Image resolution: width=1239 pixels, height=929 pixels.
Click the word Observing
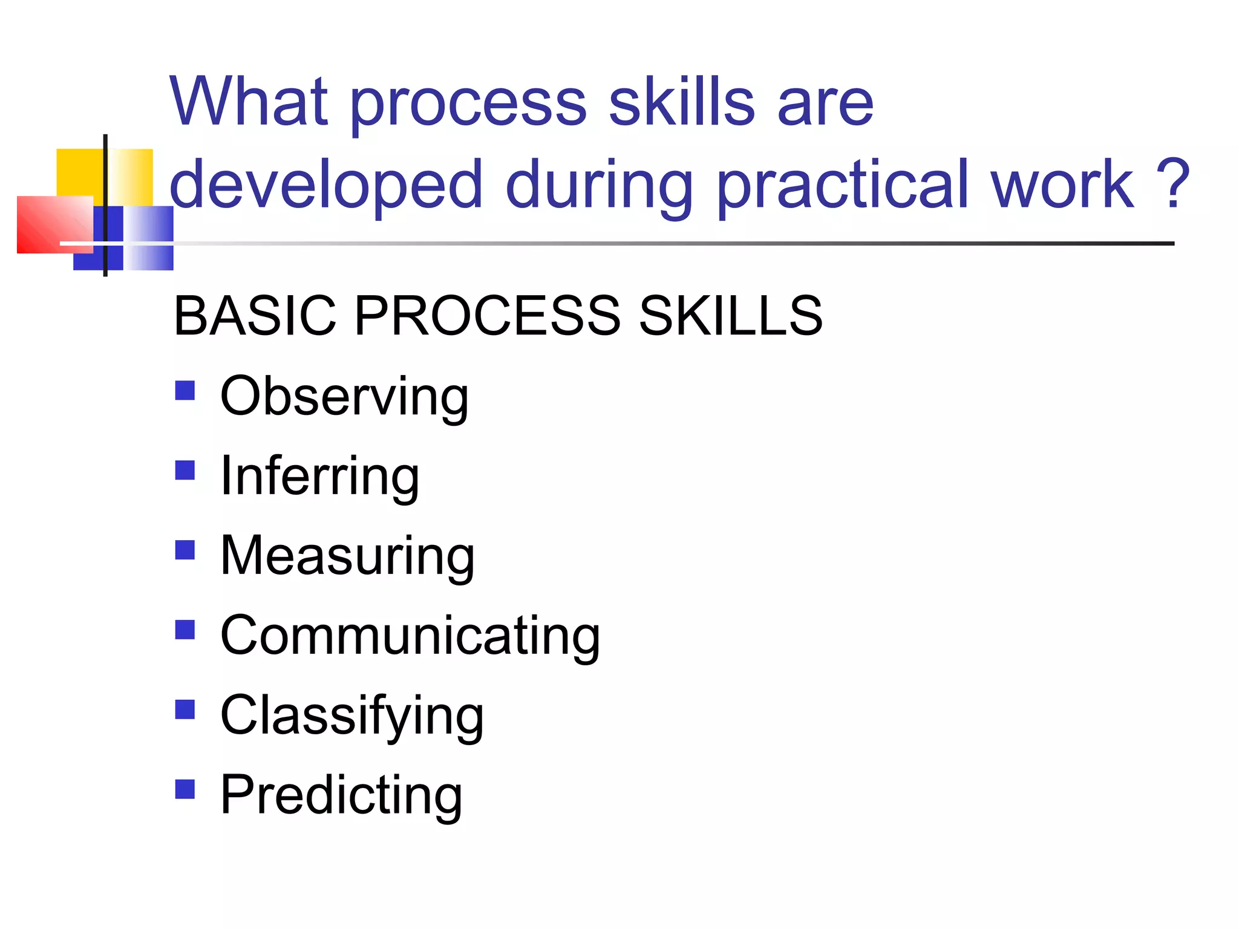[x=344, y=397]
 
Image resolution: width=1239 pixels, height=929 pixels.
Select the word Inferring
[x=319, y=477]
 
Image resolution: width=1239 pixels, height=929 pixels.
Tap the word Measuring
[x=347, y=556]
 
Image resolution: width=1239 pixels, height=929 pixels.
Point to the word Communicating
[x=410, y=636]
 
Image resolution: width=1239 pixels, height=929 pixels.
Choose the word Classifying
[x=352, y=716]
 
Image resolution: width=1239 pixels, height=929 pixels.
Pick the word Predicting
[x=341, y=795]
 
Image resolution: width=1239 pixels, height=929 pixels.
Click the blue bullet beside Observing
[x=185, y=391]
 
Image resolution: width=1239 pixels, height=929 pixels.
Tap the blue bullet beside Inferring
[x=185, y=471]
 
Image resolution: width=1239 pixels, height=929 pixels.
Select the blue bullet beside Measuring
[x=185, y=550]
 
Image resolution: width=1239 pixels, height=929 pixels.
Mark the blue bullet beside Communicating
[x=185, y=630]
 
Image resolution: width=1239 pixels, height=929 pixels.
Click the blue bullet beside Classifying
[x=185, y=709]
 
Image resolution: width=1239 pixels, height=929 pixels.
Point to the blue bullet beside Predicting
[x=185, y=789]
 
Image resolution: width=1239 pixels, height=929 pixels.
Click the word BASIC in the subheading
[x=255, y=316]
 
